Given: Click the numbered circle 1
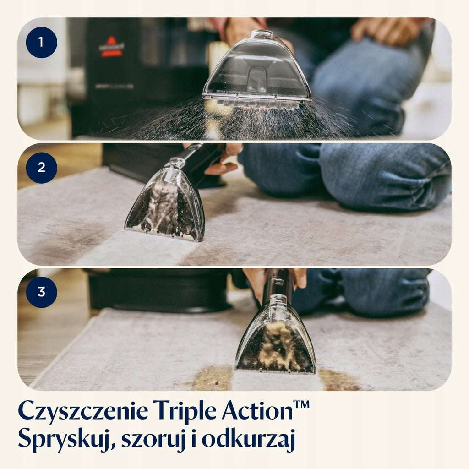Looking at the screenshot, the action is coord(42,43).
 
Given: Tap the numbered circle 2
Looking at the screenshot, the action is coord(42,168).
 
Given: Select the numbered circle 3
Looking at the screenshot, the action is coord(42,292).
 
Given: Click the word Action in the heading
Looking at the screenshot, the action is coord(257,410).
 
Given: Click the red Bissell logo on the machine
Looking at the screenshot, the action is coord(111,47).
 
